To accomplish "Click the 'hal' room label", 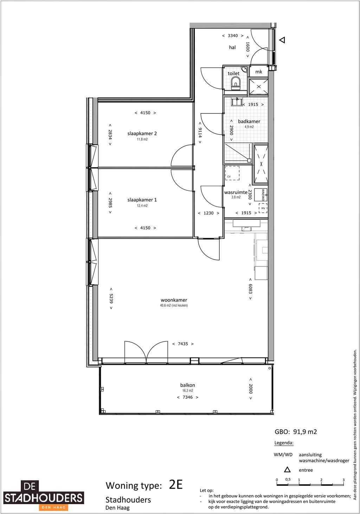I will pyautogui.click(x=232, y=47).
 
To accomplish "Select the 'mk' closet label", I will pyautogui.click(x=259, y=72).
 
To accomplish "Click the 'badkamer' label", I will pyautogui.click(x=249, y=122).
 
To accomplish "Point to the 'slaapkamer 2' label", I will pyautogui.click(x=142, y=134).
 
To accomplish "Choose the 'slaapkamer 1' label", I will pyautogui.click(x=142, y=200).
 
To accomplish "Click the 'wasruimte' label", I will pyautogui.click(x=236, y=193).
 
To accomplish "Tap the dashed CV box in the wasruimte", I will pyautogui.click(x=232, y=173).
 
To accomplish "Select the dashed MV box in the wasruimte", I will pyautogui.click(x=263, y=208).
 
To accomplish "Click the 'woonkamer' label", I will pyautogui.click(x=174, y=300).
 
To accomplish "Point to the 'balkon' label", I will pyautogui.click(x=187, y=385).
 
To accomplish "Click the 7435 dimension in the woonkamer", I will pyautogui.click(x=183, y=344).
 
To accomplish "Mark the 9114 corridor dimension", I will pyautogui.click(x=200, y=133).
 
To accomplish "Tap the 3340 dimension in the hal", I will pyautogui.click(x=233, y=36).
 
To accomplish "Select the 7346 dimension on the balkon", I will pyautogui.click(x=187, y=397).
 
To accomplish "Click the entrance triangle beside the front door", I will pyautogui.click(x=282, y=40).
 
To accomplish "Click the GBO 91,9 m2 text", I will pyautogui.click(x=296, y=432).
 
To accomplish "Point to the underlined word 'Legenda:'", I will pyautogui.click(x=284, y=443).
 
